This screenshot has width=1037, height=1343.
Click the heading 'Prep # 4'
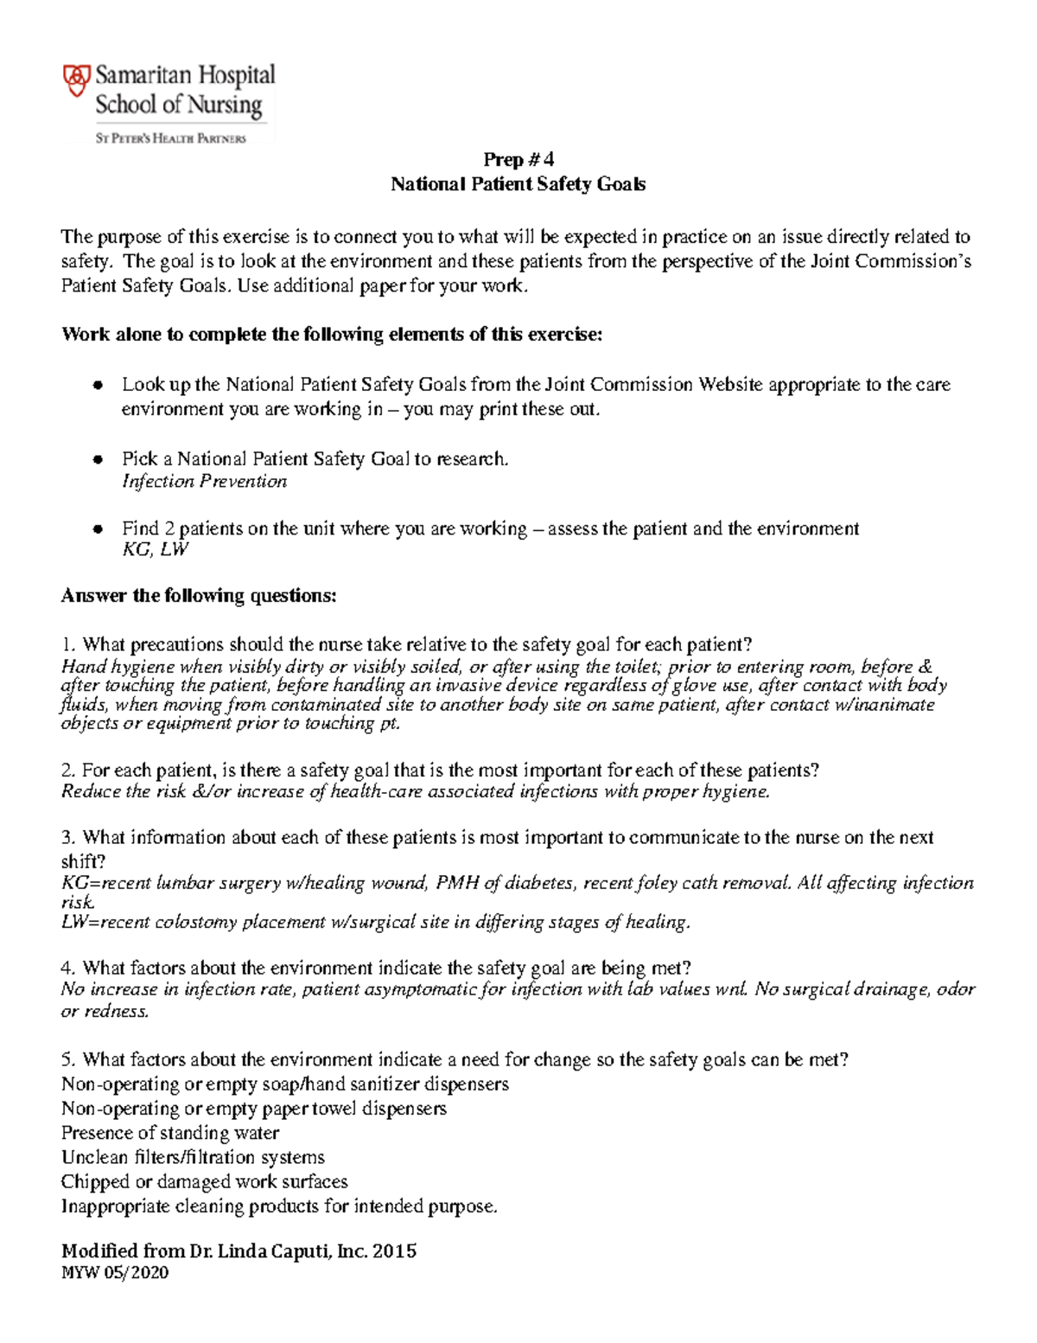click(518, 159)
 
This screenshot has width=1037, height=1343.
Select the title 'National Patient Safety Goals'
click(518, 184)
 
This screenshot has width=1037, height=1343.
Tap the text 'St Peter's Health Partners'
click(170, 138)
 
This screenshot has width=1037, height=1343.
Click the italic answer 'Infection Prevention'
click(204, 482)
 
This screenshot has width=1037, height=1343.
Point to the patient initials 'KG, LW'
click(155, 549)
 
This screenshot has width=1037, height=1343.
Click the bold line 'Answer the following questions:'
click(199, 596)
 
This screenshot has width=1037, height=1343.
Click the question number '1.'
click(69, 645)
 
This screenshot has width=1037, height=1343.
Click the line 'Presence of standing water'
click(170, 1133)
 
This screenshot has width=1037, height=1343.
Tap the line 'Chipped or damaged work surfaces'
click(204, 1181)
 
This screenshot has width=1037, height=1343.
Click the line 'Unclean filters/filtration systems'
click(193, 1157)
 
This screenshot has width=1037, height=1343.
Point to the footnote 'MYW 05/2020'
click(114, 1273)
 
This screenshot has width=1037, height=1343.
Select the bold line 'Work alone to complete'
click(331, 336)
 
